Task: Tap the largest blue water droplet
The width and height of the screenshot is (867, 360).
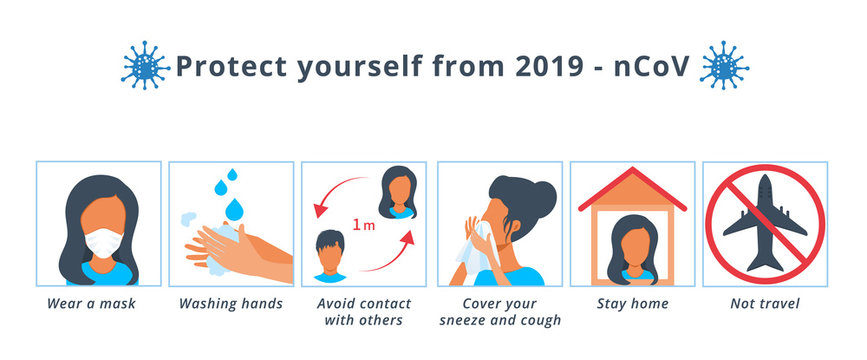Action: (x=235, y=209)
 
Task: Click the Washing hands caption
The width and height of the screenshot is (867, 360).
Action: (x=231, y=303)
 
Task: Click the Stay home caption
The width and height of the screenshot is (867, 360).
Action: (x=631, y=303)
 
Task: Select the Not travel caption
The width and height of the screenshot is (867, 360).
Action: (x=765, y=303)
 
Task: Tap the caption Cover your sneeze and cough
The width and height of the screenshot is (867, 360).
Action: (x=499, y=312)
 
